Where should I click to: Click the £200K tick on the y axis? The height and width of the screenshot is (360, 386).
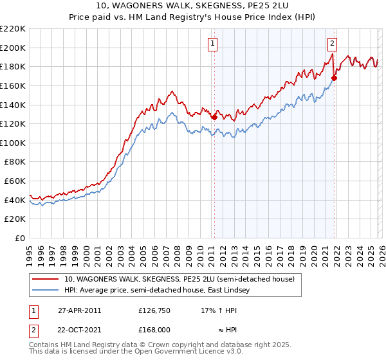coord(13,48)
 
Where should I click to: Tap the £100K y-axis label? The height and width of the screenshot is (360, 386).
coord(13,143)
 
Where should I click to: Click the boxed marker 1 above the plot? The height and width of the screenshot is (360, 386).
coord(213,44)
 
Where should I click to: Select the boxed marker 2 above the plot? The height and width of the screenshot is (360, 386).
coord(332,44)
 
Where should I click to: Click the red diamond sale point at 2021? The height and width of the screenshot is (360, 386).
coord(334,78)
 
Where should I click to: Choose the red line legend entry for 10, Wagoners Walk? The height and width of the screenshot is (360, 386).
coord(179,279)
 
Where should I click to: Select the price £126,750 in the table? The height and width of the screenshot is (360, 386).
coord(154,310)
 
